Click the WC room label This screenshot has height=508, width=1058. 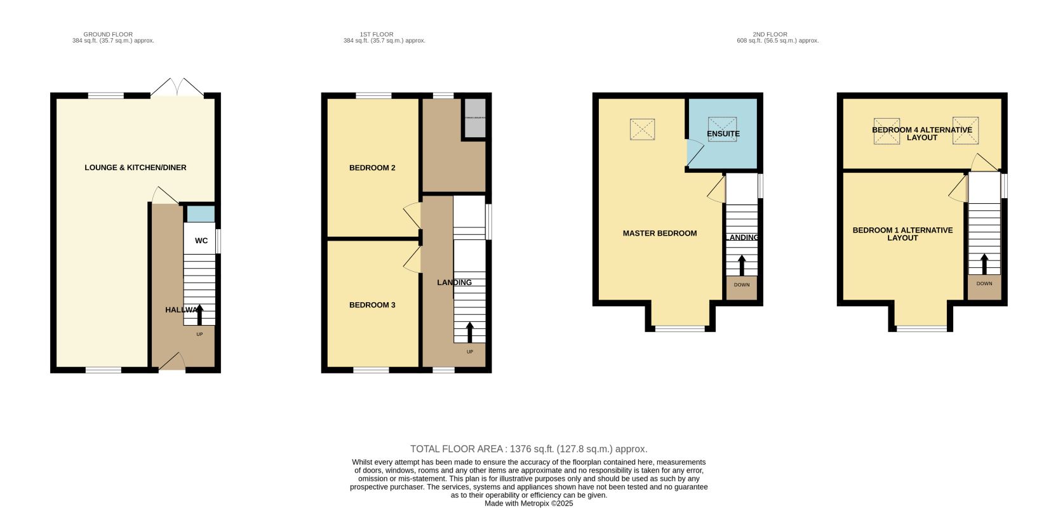(x=201, y=241)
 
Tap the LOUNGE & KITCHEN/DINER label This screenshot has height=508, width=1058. (x=135, y=168)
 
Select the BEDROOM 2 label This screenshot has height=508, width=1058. (x=372, y=168)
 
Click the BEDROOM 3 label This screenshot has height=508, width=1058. (x=372, y=305)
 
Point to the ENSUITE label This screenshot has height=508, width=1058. (x=723, y=134)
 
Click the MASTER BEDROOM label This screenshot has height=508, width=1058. (x=660, y=233)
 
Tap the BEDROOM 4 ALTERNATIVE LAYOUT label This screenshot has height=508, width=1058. (x=921, y=133)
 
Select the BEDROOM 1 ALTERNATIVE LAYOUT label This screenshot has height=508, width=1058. (x=902, y=234)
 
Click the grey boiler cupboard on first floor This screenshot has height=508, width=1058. (x=474, y=118)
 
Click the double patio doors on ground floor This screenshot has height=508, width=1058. (x=177, y=88)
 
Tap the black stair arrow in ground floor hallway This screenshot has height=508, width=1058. (x=199, y=314)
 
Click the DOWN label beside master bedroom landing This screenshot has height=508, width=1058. (x=741, y=285)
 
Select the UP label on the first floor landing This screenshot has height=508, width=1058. (x=470, y=352)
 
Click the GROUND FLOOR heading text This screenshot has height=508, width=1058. (x=108, y=34)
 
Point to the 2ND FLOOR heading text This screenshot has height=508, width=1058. (x=770, y=34)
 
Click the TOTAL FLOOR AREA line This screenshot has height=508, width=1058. (x=528, y=449)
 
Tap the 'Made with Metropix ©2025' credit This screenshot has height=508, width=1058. (x=528, y=503)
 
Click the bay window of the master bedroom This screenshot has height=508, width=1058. (x=680, y=328)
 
